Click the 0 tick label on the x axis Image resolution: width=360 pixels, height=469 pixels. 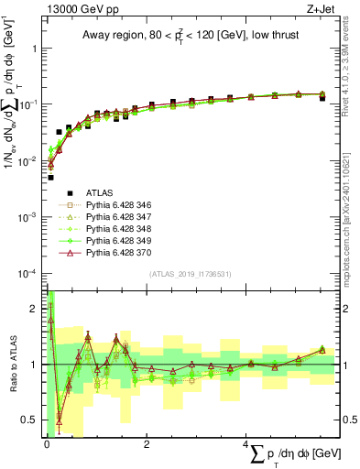click(x=46, y=444)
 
